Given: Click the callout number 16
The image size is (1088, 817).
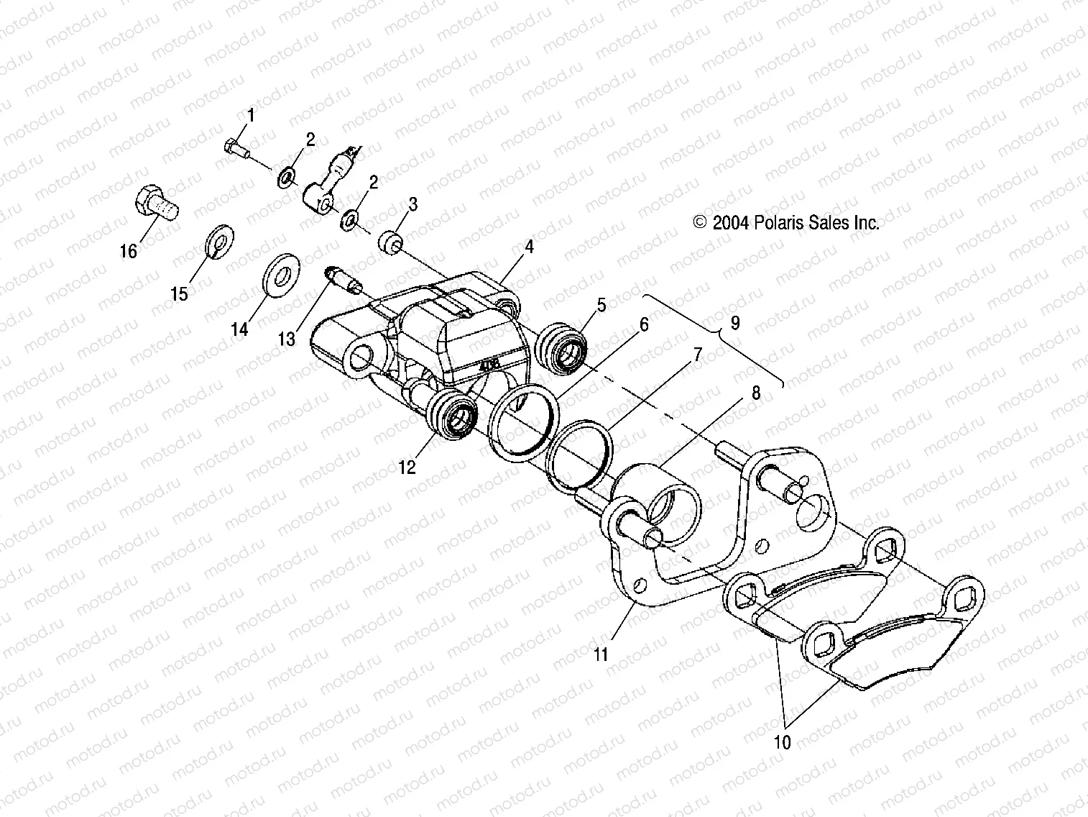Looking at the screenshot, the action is pyautogui.click(x=128, y=251).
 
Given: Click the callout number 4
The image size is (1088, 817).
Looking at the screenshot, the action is pyautogui.click(x=529, y=247).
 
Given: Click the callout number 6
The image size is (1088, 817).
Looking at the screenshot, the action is pyautogui.click(x=644, y=324).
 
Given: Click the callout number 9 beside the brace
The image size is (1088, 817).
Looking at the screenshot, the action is pyautogui.click(x=734, y=323).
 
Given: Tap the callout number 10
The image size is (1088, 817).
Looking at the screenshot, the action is pyautogui.click(x=783, y=741).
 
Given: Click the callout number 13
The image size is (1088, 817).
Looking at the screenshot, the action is pyautogui.click(x=287, y=338).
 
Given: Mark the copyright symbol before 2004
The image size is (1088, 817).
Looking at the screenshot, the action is pyautogui.click(x=701, y=223).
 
